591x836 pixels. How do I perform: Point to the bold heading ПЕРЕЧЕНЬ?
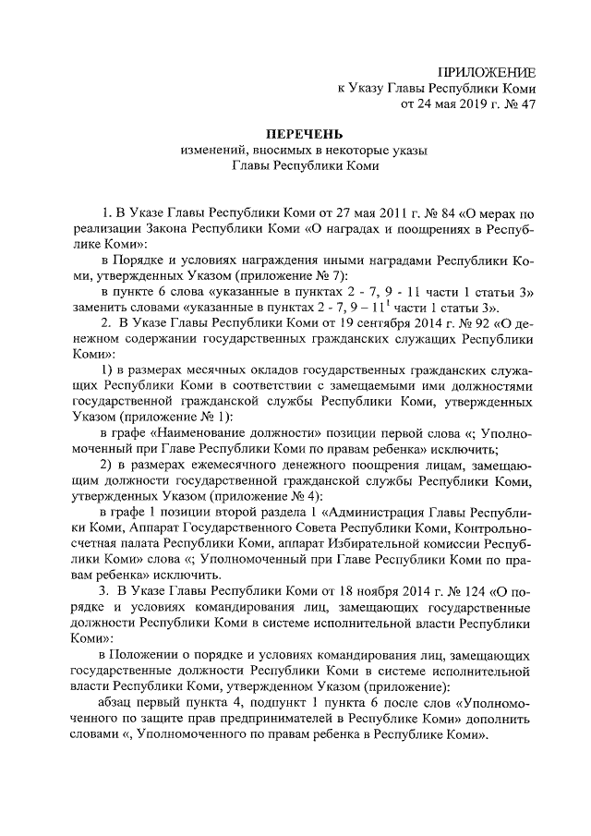(x=295, y=135)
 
